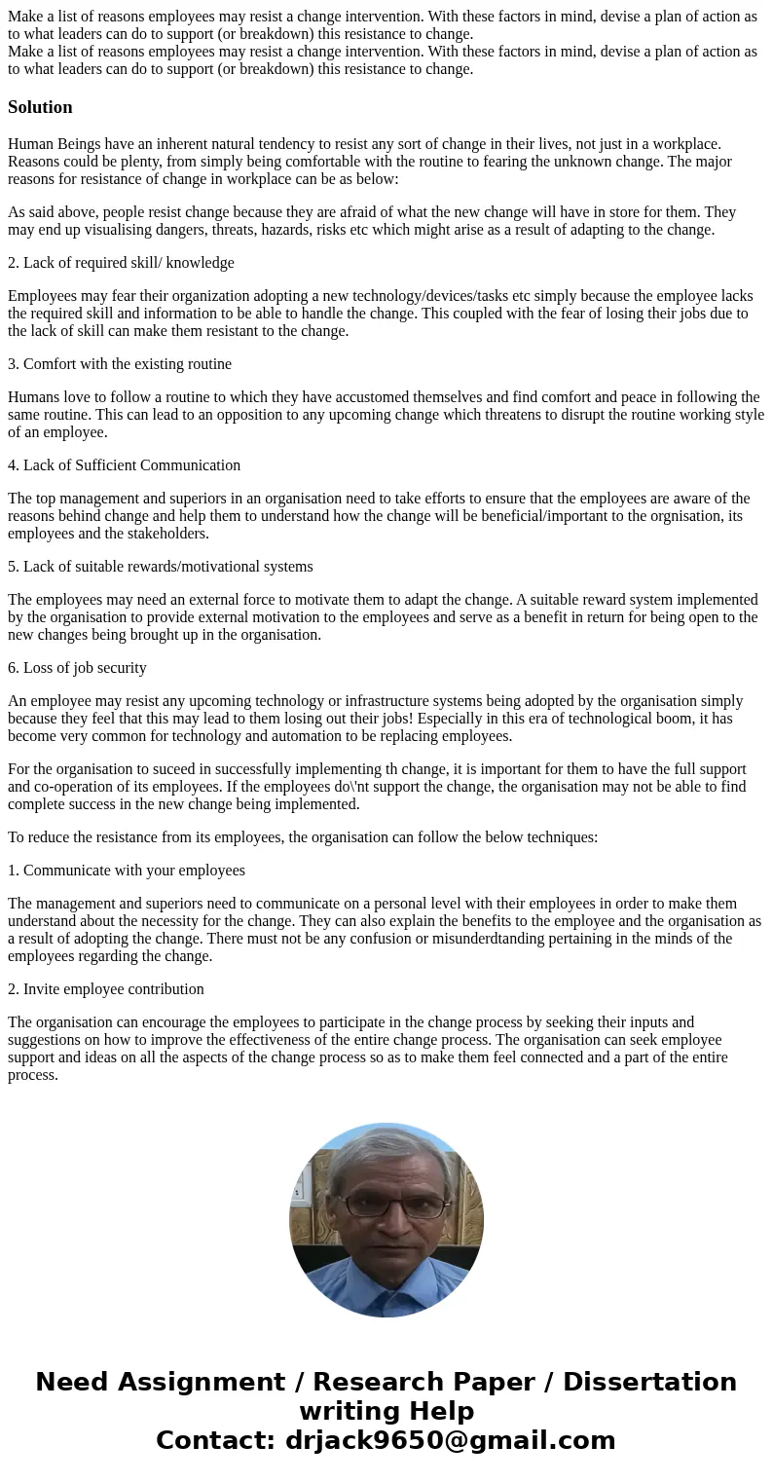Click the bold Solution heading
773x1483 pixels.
40,107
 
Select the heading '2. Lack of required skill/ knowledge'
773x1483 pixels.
121,263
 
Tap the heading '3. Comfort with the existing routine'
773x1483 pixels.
120,364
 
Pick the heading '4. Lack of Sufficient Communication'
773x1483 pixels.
124,465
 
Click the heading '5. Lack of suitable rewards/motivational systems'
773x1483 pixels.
161,567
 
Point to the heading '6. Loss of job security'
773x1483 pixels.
77,668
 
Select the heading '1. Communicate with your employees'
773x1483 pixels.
127,871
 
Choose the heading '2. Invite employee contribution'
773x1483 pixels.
106,989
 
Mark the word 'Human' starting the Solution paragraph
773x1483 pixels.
30,144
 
